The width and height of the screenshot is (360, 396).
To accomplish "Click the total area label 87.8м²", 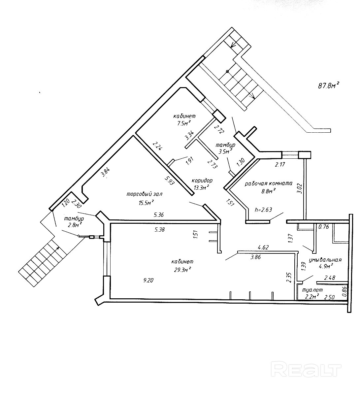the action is click(328, 86).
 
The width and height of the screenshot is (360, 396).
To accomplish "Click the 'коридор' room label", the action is click(202, 181).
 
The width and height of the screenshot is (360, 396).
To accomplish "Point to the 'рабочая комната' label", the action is click(268, 184).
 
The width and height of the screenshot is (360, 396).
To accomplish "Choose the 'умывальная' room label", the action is click(325, 260).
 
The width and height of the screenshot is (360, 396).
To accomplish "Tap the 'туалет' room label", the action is click(311, 290).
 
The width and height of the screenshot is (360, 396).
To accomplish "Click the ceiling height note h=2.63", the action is click(264, 210).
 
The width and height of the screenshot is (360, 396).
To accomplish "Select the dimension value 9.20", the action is click(148, 280).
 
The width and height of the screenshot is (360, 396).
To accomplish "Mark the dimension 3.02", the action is click(300, 188).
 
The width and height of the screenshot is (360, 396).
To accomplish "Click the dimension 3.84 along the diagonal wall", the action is click(105, 173).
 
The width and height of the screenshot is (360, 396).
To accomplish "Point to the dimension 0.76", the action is click(324, 227).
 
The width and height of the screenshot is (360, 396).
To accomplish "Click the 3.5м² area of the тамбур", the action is click(224, 152).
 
